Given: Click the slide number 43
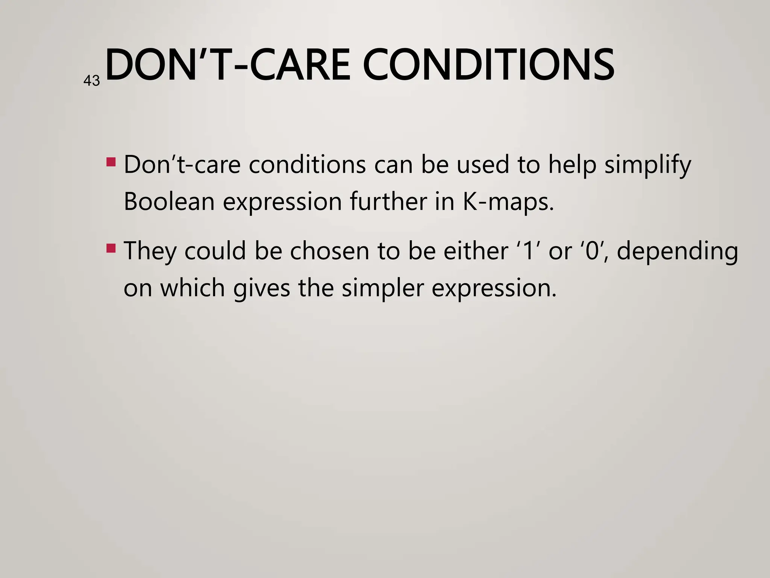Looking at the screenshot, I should pyautogui.click(x=91, y=81).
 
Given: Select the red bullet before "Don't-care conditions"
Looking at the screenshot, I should pyautogui.click(x=111, y=162).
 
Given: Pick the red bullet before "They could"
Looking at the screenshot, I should pyautogui.click(x=111, y=248).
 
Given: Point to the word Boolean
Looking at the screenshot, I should pyautogui.click(x=169, y=202).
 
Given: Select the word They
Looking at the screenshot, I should pyautogui.click(x=150, y=251).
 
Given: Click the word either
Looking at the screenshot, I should pyautogui.click(x=476, y=251).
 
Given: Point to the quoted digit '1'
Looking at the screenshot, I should pyautogui.click(x=529, y=251).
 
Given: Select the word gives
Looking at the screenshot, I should pyautogui.click(x=262, y=289).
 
